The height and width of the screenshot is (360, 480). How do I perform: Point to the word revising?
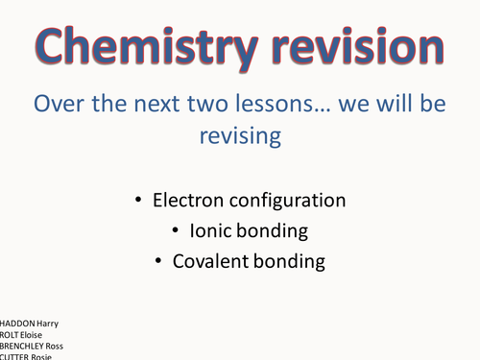click(240, 135)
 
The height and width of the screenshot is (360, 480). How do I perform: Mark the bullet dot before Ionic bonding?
click(178, 230)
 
